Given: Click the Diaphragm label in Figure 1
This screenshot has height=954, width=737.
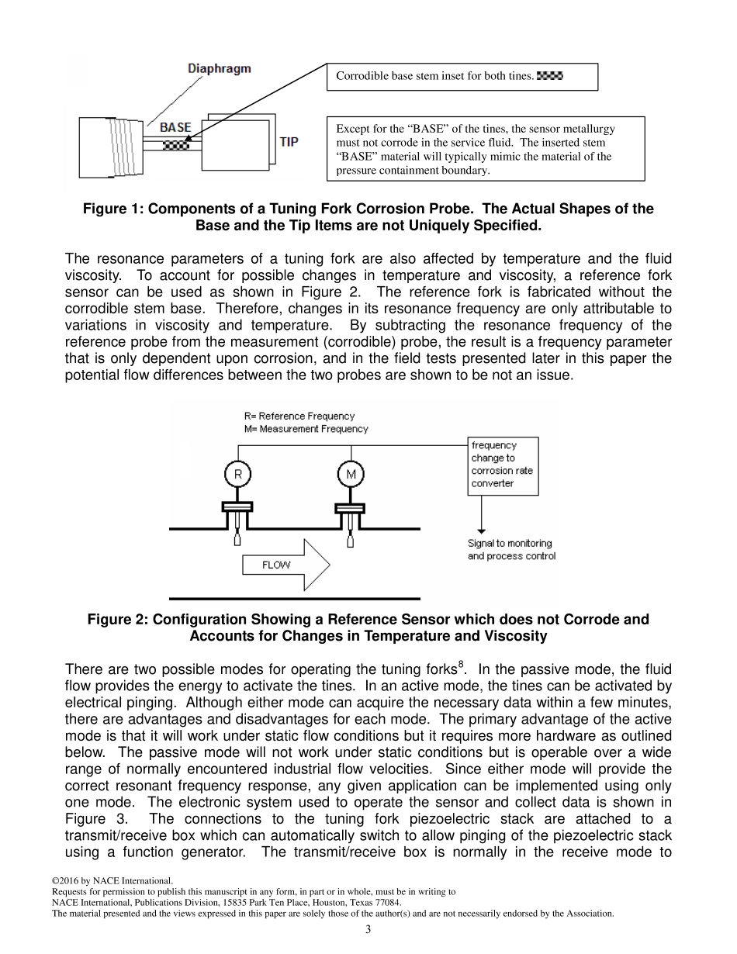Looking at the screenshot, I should coord(220,69).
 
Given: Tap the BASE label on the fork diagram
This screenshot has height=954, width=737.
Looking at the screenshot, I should coord(175,127).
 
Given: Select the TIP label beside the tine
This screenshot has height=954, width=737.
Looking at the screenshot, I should coord(289,143).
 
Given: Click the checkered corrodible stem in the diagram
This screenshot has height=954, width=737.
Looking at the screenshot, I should coord(176,143).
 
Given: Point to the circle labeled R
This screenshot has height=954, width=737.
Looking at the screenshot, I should coord(237,473).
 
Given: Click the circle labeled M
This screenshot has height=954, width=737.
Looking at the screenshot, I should coord(351,473).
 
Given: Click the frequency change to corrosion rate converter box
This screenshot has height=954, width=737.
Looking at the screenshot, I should coord(503,465).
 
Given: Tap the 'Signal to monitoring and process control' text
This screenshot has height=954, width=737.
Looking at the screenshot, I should coord(511,550).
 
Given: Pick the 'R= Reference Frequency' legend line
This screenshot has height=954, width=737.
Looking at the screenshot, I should coord(299,417).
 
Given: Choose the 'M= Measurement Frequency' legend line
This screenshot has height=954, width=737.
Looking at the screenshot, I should coord(306,429).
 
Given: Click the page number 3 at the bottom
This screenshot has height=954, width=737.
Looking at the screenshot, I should coord(368,930).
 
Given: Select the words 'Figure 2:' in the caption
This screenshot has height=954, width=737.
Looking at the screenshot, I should coord(118,620).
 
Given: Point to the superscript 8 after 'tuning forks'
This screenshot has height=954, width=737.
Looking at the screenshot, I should coord(461,664).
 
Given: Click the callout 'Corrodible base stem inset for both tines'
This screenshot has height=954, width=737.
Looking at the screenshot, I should coord(434,76).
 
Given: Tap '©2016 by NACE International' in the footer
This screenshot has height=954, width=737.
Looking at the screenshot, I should coord(112,881).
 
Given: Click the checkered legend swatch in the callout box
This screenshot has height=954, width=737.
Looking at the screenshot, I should coord(549,76).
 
